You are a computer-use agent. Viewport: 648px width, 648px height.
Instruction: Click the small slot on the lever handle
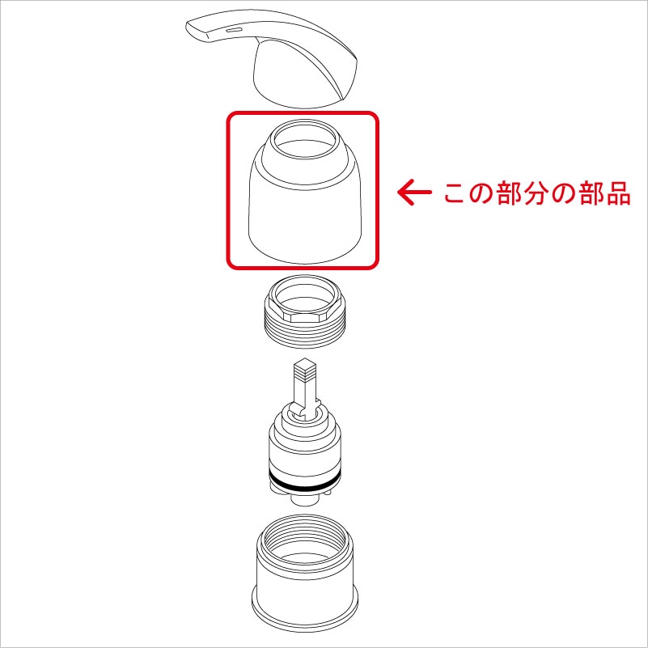[x=234, y=29]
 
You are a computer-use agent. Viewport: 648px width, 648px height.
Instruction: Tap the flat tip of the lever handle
[x=197, y=30]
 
